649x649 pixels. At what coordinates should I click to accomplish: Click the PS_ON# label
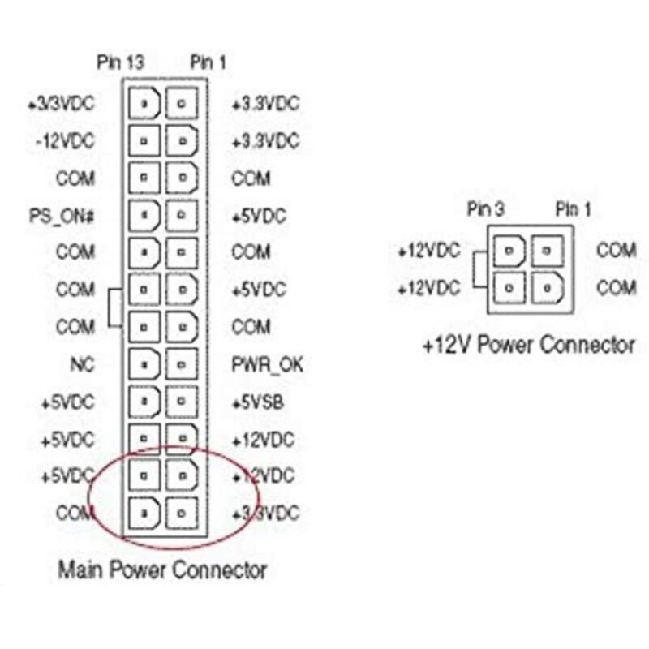[x=62, y=216]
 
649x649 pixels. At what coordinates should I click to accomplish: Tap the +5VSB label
[x=258, y=403]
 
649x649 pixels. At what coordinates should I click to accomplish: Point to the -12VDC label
[x=64, y=140]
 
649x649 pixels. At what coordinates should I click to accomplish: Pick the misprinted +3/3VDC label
[x=61, y=104]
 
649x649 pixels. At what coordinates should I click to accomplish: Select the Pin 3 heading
[x=487, y=209]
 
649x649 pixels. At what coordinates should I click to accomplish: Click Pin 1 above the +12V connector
[x=573, y=209]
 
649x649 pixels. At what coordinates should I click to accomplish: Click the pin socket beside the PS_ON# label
[x=144, y=216]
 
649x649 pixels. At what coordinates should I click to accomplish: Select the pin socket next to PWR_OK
[x=181, y=365]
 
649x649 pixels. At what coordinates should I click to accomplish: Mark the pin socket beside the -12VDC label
[x=144, y=140]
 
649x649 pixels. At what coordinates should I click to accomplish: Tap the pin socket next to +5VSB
[x=181, y=403]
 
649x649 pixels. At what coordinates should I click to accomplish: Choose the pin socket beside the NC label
[x=144, y=365]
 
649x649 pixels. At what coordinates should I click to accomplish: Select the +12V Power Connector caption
[x=528, y=346]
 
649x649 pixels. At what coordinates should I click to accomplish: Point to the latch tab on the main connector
[x=114, y=308]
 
